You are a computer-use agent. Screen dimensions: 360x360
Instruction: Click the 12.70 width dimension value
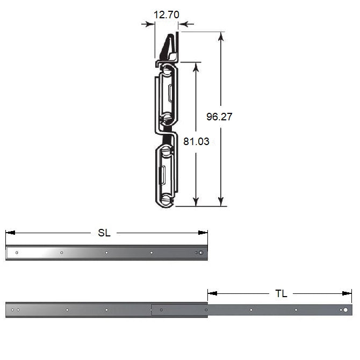[x=166, y=15]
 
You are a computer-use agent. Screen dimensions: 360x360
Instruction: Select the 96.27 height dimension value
[x=219, y=117]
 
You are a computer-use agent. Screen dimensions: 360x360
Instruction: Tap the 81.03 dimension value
[x=196, y=141]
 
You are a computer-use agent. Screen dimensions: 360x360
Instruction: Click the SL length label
[x=104, y=233]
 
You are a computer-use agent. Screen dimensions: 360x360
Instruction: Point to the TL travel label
[x=281, y=293]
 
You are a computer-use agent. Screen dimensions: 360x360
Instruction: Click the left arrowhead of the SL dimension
[x=11, y=233]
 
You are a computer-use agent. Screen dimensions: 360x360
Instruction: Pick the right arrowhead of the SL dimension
[x=203, y=233]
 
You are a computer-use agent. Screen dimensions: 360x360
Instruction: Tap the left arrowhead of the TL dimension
[x=213, y=293]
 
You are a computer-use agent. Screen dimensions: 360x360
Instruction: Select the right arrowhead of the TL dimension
[x=347, y=293]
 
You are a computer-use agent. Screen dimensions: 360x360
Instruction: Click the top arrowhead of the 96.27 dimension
[x=221, y=37]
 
